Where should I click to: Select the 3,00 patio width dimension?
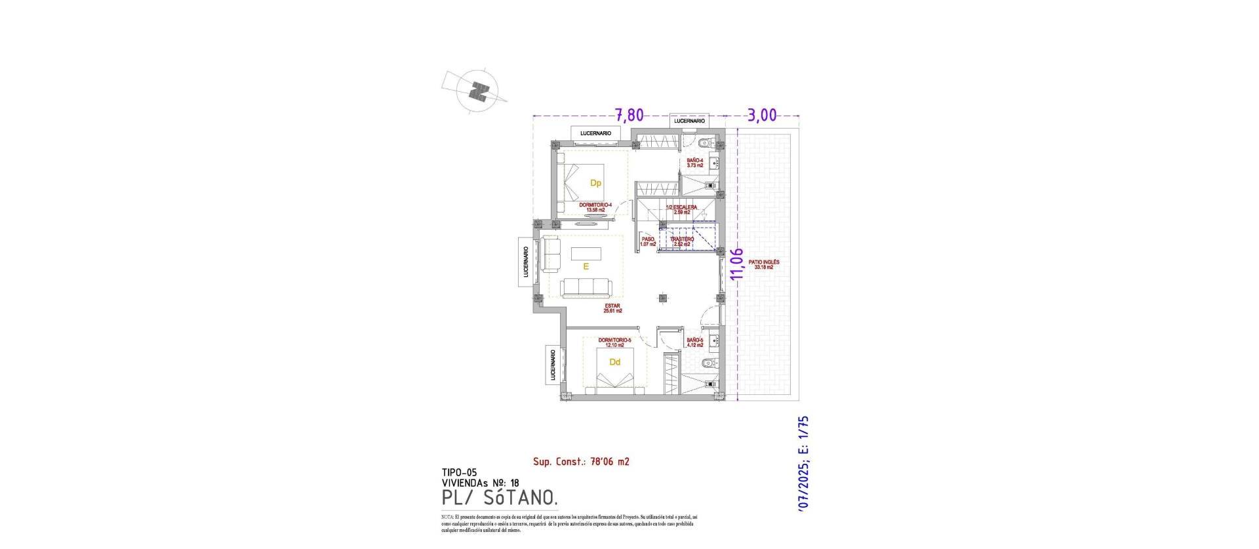(761, 115)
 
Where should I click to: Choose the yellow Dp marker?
(595, 183)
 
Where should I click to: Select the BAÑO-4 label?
(695, 163)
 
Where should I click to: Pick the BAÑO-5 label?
(694, 342)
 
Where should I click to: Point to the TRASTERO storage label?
(682, 241)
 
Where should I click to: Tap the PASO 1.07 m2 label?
(648, 241)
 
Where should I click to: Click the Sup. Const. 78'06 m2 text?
(581, 462)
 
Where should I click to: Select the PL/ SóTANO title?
(500, 499)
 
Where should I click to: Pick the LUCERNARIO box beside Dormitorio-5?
(553, 365)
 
